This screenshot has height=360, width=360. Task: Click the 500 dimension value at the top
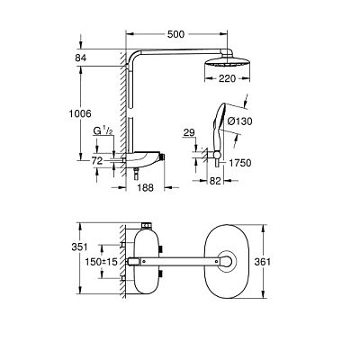click(x=175, y=34)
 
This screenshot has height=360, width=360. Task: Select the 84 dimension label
click(x=81, y=58)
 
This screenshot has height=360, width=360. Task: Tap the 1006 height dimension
click(x=80, y=113)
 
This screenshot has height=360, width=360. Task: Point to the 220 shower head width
click(x=227, y=78)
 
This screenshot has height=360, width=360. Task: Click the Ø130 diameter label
click(x=239, y=121)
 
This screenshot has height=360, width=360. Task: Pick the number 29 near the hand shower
click(x=189, y=132)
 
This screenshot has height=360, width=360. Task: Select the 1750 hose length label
click(x=240, y=163)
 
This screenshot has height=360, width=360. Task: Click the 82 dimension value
click(x=215, y=181)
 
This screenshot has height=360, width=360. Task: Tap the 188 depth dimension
click(x=145, y=188)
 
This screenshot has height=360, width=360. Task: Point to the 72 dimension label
click(x=97, y=161)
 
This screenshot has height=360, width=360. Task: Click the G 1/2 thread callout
click(x=103, y=130)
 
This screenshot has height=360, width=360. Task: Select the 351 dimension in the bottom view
click(x=79, y=247)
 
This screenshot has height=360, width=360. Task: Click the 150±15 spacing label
click(x=101, y=262)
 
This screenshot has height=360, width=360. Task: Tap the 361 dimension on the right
click(x=263, y=262)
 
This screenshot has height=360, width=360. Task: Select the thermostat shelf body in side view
click(x=143, y=158)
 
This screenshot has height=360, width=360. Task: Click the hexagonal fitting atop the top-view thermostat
click(x=146, y=225)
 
